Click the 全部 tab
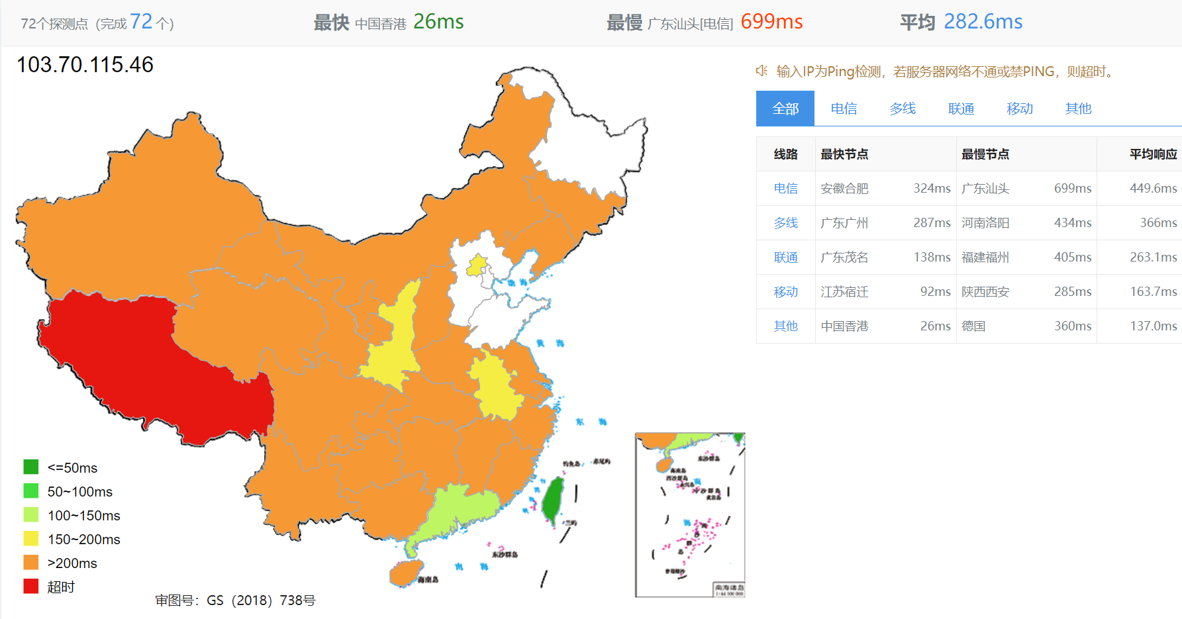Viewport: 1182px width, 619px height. [785, 109]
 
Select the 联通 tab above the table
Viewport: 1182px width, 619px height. [961, 109]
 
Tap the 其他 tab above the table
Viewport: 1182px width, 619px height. [1078, 109]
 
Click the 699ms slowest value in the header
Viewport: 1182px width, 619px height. [771, 22]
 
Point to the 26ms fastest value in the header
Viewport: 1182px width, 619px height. [438, 22]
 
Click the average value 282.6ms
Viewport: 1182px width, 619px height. [983, 22]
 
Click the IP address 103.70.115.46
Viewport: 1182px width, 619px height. [85, 65]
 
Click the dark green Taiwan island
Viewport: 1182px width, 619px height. [552, 500]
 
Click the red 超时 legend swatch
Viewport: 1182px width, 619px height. [31, 587]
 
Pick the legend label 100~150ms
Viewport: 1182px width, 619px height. [83, 516]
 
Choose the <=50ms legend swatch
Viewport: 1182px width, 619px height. [31, 467]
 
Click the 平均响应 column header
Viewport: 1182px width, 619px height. [1153, 154]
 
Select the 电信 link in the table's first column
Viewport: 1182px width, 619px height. [785, 189]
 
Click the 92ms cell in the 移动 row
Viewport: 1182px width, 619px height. [935, 292]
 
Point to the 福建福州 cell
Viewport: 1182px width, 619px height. [985, 258]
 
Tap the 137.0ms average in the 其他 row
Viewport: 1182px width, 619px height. [1153, 326]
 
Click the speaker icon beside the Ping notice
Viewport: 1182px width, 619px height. [762, 71]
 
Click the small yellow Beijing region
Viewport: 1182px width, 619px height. [477, 265]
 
